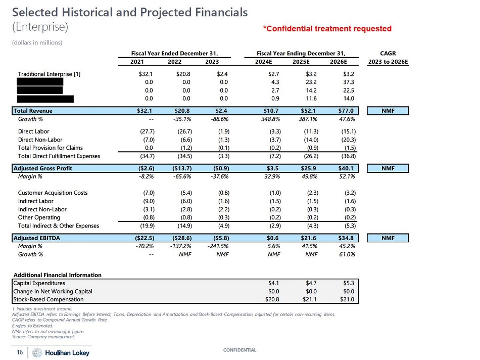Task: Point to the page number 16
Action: point(20,352)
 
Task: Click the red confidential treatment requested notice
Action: point(327,29)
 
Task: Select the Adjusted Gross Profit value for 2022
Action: point(179,168)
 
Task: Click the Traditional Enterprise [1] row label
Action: point(49,74)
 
